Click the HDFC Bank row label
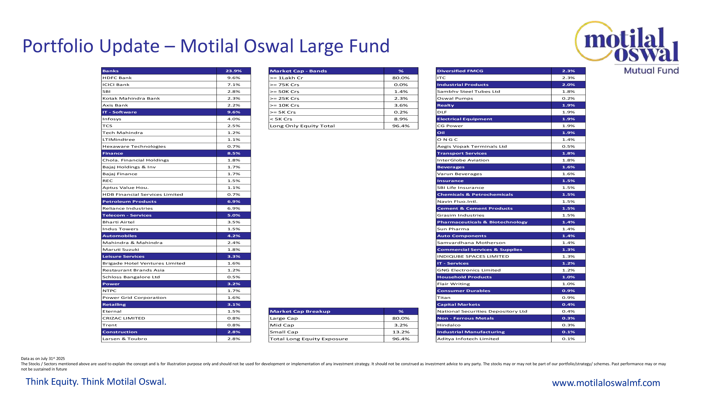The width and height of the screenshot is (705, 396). [x=117, y=78]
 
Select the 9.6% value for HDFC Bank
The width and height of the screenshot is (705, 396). [x=234, y=78]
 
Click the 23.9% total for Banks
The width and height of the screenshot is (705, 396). [x=234, y=71]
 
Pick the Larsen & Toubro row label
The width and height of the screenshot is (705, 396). [x=125, y=339]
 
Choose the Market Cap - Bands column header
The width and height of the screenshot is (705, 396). [x=298, y=71]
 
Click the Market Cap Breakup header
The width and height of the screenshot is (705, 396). [x=300, y=312]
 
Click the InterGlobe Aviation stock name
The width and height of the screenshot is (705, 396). [x=463, y=160]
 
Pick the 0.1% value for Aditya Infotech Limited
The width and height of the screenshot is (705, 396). [x=568, y=339]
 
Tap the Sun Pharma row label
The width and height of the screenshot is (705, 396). [x=453, y=229]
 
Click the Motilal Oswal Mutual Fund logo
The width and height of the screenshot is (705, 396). [x=629, y=46]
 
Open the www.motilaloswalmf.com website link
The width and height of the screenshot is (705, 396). [x=606, y=383]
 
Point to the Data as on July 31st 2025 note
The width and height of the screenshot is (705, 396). [x=43, y=359]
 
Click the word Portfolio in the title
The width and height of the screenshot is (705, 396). [x=58, y=46]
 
